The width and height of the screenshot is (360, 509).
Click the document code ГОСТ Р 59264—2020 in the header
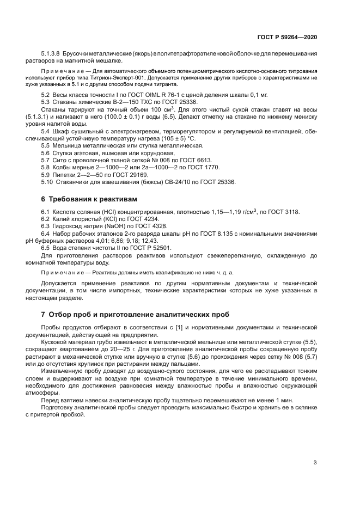pos(287,37)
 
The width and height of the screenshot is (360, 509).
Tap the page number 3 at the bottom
pos(315,463)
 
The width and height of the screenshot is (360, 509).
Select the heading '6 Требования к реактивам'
pos(86,199)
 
